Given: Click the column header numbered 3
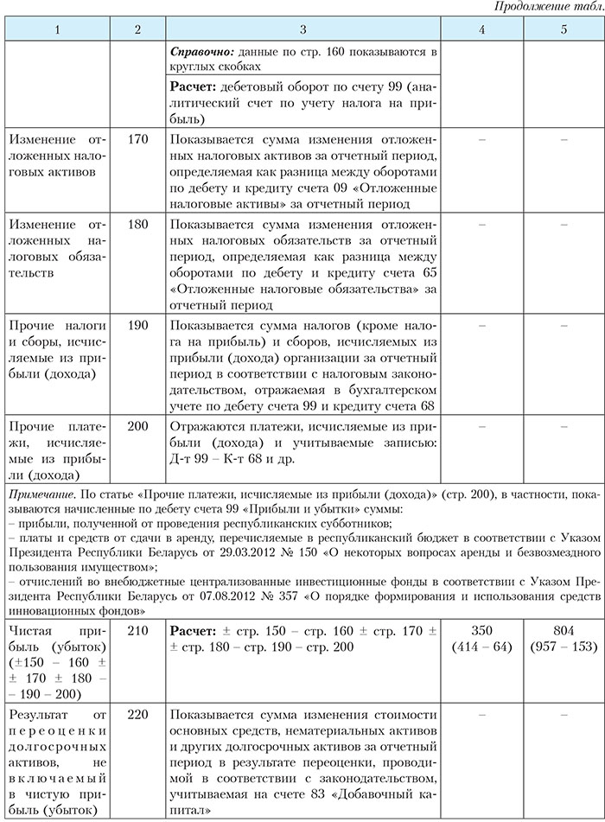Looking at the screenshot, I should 302,30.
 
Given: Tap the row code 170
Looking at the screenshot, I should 137,139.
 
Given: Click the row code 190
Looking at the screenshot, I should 137,325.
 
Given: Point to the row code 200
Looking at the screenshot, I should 137,427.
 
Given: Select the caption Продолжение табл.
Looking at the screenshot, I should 545,8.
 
